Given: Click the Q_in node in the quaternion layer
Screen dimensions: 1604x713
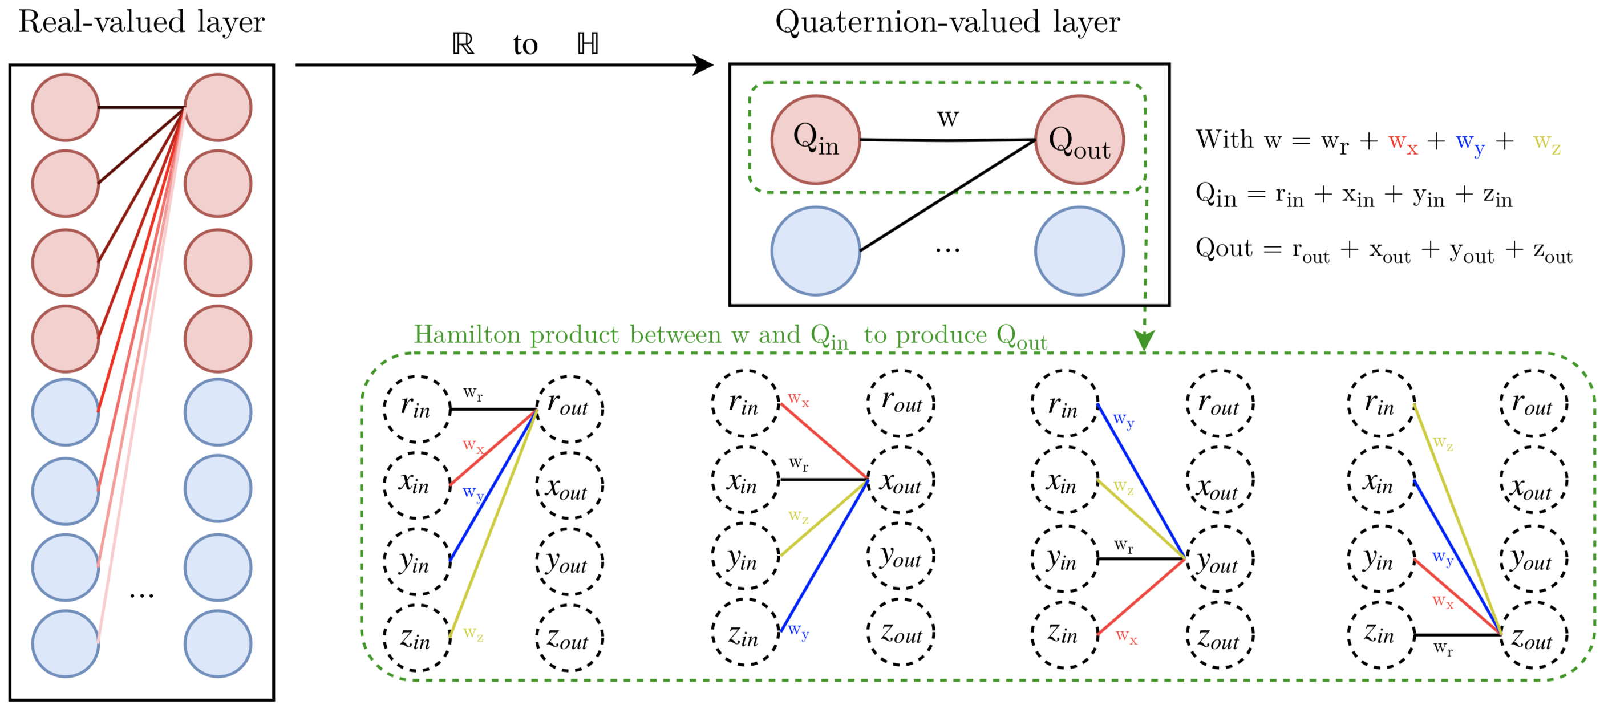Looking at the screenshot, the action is click(816, 140).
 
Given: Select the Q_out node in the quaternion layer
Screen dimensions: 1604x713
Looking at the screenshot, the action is click(1080, 140).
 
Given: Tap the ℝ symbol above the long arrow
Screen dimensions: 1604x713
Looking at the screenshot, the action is click(463, 43).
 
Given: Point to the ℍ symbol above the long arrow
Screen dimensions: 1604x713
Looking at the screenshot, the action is click(588, 43).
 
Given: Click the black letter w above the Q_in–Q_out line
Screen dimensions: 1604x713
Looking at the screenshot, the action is click(947, 117).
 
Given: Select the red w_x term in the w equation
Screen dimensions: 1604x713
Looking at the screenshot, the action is click(1403, 143).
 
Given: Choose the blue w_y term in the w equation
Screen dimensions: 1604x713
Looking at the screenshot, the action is click(1470, 144).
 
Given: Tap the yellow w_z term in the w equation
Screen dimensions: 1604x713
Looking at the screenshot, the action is click(1547, 143).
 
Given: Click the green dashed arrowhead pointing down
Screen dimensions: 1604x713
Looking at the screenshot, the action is click(1144, 340).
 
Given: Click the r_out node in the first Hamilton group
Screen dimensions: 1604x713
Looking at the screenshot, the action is click(569, 409).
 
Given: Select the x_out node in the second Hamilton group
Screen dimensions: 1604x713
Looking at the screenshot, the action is click(900, 480).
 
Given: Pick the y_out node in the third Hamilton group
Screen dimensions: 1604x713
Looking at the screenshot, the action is click(1220, 558).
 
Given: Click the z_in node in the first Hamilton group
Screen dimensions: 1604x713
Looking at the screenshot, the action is click(416, 638).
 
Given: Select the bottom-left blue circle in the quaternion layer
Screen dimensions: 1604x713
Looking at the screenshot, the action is click(816, 251).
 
